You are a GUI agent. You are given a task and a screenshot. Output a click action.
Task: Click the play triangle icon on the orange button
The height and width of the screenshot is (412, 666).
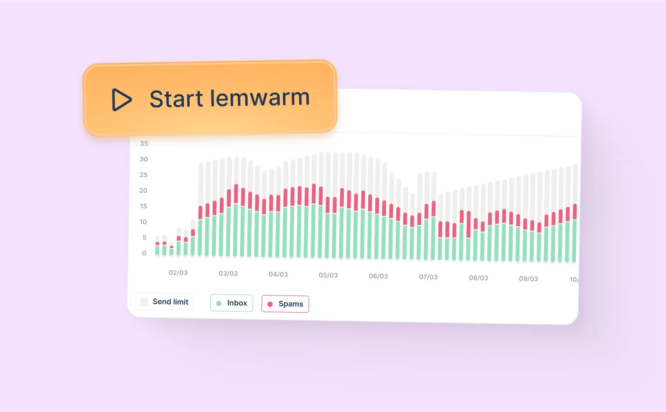(121, 100)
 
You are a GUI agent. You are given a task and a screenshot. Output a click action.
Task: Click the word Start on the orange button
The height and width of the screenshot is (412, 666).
(176, 99)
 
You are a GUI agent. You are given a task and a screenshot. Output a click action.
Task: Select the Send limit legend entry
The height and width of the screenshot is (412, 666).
(164, 302)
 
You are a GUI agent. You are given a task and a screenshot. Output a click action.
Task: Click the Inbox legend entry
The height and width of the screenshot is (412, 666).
(232, 303)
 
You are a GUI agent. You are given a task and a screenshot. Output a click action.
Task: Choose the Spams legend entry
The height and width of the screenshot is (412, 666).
(285, 304)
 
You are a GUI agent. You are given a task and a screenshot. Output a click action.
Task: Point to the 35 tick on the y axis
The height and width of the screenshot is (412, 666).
(144, 143)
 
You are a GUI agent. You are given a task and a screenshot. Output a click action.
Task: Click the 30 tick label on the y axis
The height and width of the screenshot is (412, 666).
(144, 159)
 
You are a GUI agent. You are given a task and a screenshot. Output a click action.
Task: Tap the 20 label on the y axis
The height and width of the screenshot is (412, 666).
(143, 190)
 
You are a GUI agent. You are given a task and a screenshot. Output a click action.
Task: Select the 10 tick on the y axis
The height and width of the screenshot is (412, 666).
(143, 222)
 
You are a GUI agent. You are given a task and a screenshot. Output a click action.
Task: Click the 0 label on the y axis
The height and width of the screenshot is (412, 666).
(144, 253)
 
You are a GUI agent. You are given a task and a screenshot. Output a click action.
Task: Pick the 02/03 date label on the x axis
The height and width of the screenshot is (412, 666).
(178, 273)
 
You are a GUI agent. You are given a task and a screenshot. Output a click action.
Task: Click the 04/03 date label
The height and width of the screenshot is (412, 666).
(278, 274)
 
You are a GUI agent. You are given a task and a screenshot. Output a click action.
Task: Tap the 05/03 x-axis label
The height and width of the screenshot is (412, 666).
(328, 275)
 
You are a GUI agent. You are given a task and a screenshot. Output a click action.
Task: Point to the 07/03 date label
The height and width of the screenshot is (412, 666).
(428, 277)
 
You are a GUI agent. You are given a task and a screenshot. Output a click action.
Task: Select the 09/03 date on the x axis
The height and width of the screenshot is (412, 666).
(528, 279)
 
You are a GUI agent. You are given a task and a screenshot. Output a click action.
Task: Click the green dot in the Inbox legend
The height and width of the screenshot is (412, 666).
(219, 303)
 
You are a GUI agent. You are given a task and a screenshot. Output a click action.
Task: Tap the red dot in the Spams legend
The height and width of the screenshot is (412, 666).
(270, 304)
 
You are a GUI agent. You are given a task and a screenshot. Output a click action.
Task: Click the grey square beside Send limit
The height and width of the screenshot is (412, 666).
(144, 302)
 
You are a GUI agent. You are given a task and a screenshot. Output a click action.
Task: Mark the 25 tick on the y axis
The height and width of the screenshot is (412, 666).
(144, 175)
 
